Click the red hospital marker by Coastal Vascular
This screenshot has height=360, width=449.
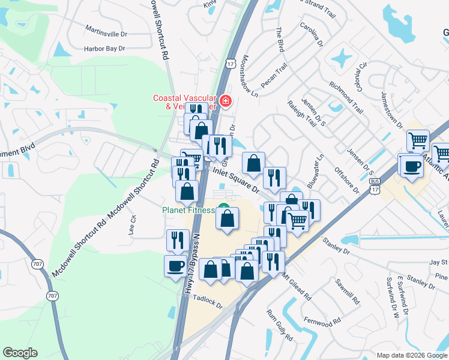225,101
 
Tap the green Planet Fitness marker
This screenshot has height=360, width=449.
224,209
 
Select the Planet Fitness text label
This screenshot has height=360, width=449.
188,210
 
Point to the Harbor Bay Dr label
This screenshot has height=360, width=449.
104,48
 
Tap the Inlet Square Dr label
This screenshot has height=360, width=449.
235,179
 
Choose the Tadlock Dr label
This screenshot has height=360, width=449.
208,303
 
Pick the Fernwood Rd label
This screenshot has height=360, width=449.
323,323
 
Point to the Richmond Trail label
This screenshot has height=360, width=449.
346,97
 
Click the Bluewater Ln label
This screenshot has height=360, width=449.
316,172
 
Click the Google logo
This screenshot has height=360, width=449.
20,353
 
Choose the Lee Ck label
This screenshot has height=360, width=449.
133,224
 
